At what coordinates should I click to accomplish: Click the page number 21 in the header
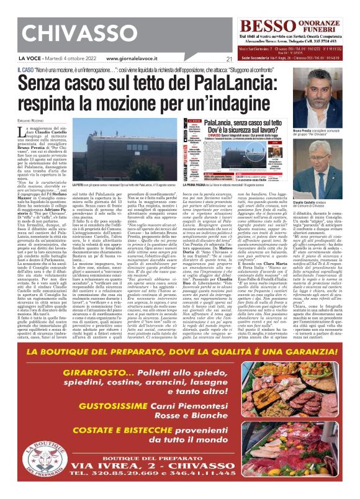(228, 60)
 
